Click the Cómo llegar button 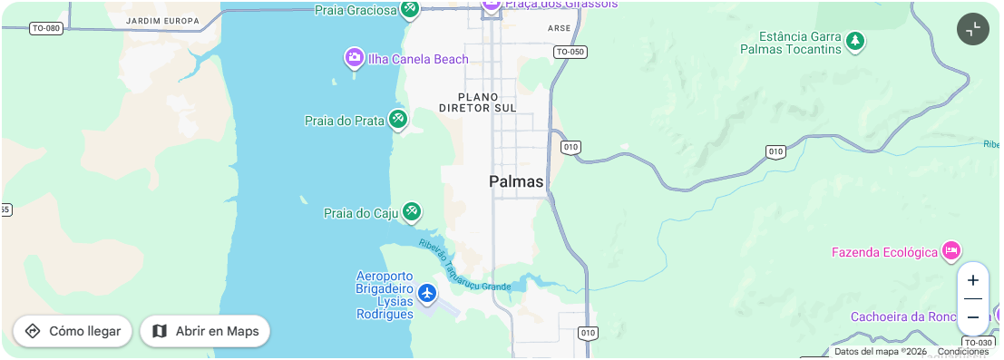click(73, 331)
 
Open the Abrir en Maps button click(205, 331)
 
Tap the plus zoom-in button click(973, 281)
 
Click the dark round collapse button click(973, 29)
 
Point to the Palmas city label click(516, 181)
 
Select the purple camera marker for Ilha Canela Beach click(355, 59)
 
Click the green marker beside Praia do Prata click(397, 119)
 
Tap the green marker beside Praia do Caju click(412, 212)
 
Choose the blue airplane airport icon click(426, 294)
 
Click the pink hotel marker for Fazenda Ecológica click(950, 250)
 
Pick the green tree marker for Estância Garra click(854, 41)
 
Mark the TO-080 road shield click(45, 28)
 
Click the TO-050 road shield click(570, 52)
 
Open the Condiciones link click(962, 352)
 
